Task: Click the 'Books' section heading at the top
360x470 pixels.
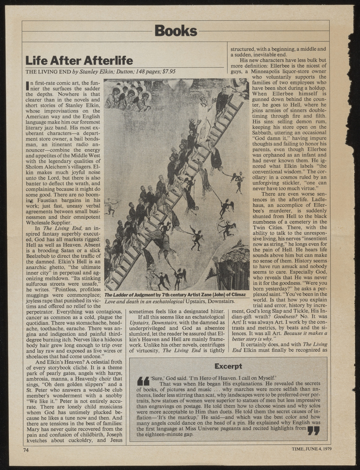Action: [180, 31]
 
